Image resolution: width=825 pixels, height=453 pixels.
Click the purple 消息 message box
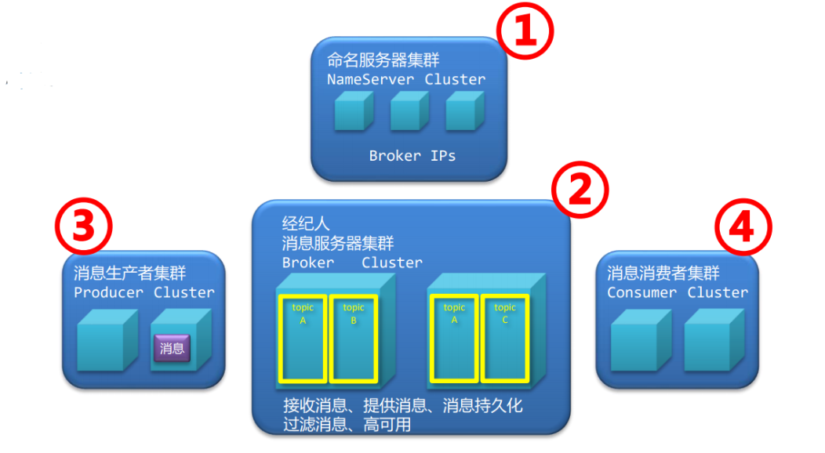tap(172, 349)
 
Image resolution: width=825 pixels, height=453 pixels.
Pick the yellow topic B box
tap(354, 339)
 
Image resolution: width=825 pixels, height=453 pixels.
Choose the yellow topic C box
tap(505, 339)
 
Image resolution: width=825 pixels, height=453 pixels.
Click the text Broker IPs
tap(412, 155)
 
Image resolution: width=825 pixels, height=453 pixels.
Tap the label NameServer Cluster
tap(406, 79)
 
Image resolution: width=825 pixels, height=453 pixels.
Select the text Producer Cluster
tap(144, 292)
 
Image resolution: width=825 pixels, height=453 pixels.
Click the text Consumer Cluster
tap(678, 292)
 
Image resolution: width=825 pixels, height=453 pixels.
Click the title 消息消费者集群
tap(663, 274)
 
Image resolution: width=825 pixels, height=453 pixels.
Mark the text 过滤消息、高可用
tap(347, 425)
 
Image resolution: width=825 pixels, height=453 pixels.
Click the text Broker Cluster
tap(352, 263)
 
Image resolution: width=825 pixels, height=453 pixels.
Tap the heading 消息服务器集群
tap(338, 243)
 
